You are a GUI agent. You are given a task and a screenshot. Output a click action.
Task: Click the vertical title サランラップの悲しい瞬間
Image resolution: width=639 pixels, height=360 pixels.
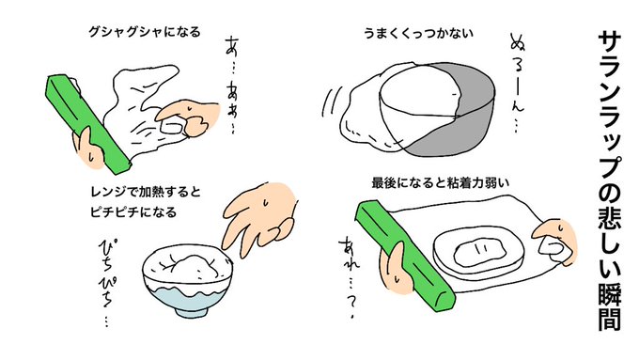pos(609,180)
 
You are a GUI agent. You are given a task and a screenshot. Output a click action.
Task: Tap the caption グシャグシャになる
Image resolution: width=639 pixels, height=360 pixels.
pos(145,32)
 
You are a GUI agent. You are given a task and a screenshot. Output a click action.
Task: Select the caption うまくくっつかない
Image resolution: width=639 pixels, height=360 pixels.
pos(418,33)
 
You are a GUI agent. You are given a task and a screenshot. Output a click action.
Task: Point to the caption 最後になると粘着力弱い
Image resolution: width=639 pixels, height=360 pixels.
pos(440,182)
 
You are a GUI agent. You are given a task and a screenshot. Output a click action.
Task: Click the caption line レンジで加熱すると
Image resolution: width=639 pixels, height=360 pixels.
pos(146,192)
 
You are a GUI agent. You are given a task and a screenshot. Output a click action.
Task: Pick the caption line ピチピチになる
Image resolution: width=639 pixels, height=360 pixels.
pos(133,212)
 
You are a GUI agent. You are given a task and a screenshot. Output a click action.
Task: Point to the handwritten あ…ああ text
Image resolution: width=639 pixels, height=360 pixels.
pos(231,85)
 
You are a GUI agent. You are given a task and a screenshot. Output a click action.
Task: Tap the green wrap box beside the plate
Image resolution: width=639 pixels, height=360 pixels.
pos(403,255)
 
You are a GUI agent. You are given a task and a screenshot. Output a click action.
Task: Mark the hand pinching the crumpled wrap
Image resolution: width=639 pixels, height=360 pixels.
pos(187,118)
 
